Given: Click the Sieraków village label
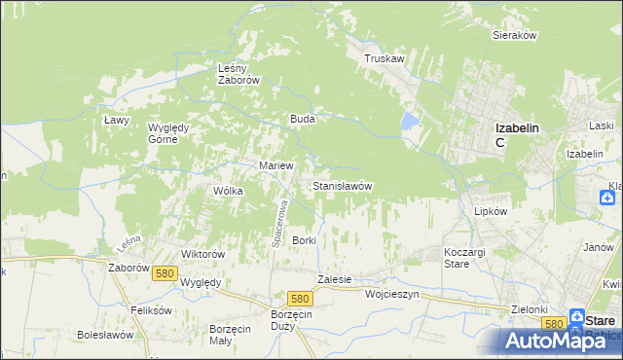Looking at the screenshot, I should (x=515, y=35).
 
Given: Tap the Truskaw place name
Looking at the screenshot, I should (x=384, y=58).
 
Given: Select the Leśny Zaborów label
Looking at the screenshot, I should (x=238, y=75).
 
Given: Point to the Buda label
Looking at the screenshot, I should (x=301, y=119).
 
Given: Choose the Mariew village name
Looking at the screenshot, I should (x=275, y=165).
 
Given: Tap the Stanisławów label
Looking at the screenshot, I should (x=342, y=185).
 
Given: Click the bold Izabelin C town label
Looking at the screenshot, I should (x=516, y=134).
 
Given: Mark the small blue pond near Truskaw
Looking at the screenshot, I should (x=410, y=122).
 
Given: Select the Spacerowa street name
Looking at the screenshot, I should (x=276, y=223).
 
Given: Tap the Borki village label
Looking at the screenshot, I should (x=305, y=239).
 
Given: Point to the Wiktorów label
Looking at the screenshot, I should (x=203, y=254).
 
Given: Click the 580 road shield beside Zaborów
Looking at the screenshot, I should (x=164, y=274).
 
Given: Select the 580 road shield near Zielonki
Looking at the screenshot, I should (x=554, y=323).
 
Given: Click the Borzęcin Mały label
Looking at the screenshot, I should (x=232, y=334).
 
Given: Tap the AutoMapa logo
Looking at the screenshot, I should (x=560, y=340).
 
